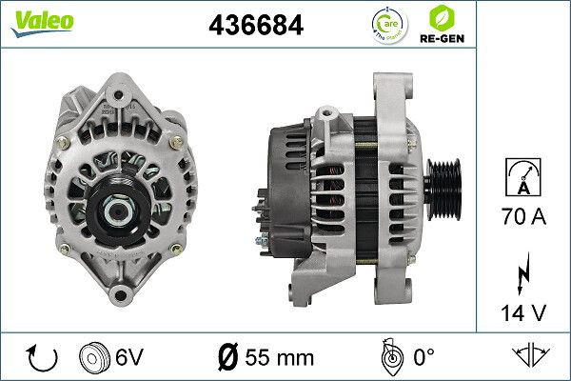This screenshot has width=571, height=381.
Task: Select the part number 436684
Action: (x=255, y=26)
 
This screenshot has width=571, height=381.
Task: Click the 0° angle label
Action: (x=423, y=358)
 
